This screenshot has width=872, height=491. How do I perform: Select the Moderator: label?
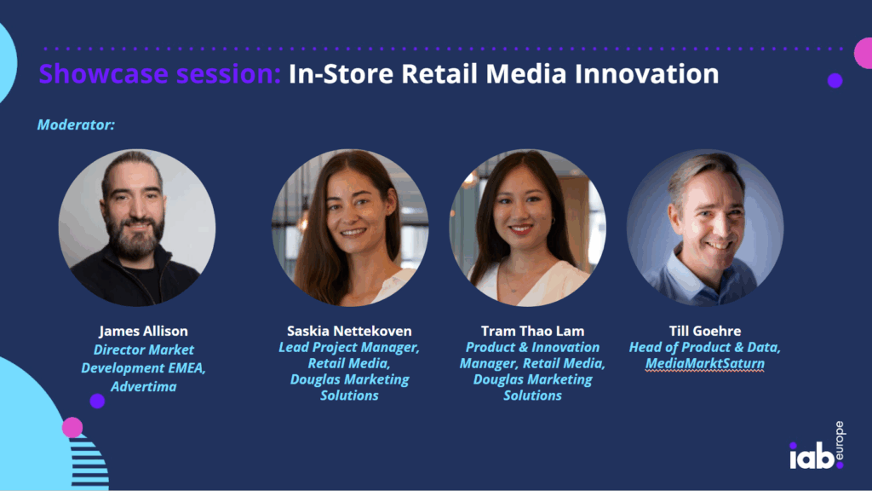tap(76, 124)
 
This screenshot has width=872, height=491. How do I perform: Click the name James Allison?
tap(143, 332)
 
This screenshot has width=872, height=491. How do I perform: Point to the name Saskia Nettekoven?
tap(349, 332)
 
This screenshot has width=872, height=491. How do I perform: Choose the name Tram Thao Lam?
tap(533, 332)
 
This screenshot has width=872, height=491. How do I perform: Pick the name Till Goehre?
tap(705, 332)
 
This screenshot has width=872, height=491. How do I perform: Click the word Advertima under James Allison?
tap(143, 386)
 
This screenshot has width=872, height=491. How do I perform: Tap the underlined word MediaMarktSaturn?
tap(705, 363)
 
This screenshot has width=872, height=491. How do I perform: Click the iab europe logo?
tap(817, 446)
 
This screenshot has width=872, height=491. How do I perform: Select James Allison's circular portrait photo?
tap(137, 228)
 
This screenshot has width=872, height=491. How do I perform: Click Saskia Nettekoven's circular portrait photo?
tap(350, 228)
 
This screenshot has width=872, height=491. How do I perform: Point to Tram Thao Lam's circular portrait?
tap(528, 228)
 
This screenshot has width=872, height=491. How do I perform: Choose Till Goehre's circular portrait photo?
tap(705, 228)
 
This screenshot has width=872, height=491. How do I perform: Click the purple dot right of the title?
tap(835, 81)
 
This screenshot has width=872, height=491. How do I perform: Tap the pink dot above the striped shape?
tap(72, 428)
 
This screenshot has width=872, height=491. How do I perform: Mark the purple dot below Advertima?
tap(97, 401)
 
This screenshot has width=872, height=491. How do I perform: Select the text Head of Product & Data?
tap(705, 348)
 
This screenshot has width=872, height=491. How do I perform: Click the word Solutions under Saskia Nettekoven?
tap(349, 396)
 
